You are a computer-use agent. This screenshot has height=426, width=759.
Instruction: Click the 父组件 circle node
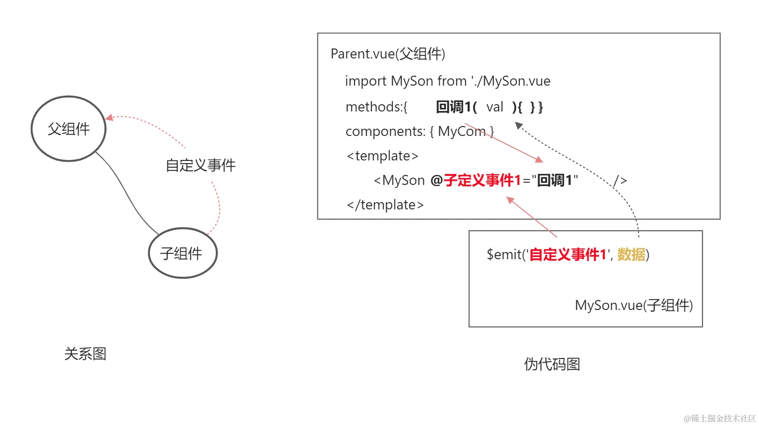(68, 129)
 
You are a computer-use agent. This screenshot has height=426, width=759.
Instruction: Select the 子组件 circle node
(183, 253)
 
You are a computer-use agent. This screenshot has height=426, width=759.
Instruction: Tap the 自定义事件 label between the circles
(200, 165)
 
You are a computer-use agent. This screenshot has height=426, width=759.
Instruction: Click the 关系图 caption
(85, 354)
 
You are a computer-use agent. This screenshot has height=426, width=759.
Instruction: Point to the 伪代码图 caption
(552, 364)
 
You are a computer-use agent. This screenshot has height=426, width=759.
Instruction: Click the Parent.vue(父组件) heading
(388, 54)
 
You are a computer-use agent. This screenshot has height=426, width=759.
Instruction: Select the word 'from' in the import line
(452, 81)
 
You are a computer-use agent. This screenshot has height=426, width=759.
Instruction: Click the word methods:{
(376, 107)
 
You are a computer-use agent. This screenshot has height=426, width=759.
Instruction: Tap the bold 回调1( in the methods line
(456, 107)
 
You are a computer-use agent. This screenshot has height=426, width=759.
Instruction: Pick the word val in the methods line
(495, 107)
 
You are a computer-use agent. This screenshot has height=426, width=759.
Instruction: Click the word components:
(385, 131)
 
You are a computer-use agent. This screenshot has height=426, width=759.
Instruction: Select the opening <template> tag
(382, 156)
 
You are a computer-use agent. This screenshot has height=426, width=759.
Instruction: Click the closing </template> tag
(385, 205)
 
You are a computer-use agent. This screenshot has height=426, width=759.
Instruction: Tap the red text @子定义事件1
(476, 180)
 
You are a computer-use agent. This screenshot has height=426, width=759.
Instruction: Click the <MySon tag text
(399, 180)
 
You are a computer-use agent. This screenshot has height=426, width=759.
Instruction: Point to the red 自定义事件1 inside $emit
(568, 255)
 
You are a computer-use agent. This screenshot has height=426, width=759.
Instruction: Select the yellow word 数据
(631, 255)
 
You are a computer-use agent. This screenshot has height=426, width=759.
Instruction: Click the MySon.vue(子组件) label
(633, 305)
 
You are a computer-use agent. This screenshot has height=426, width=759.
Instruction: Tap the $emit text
(504, 255)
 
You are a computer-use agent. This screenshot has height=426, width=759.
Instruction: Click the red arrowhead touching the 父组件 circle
(109, 118)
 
